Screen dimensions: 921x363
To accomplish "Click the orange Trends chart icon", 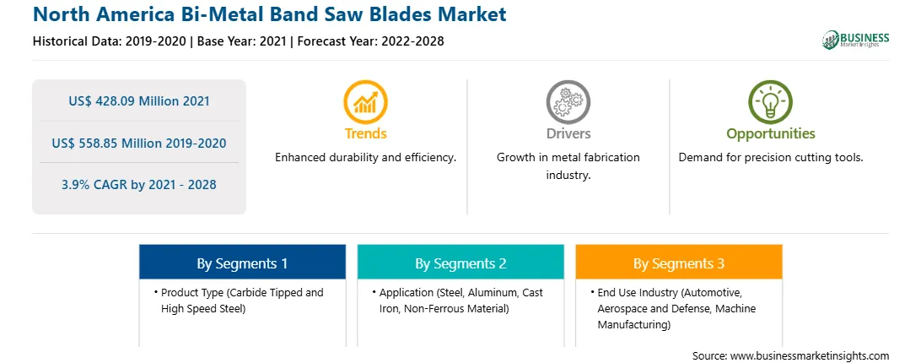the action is click(365, 102).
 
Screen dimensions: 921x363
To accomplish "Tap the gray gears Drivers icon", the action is click(568, 102).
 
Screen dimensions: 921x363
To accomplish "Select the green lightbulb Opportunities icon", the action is click(771, 102).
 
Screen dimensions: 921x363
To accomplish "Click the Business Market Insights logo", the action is click(856, 40).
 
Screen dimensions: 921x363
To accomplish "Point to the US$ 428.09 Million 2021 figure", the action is click(139, 101).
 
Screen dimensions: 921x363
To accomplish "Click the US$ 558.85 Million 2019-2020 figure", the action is click(139, 143).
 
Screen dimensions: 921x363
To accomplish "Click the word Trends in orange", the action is click(365, 133).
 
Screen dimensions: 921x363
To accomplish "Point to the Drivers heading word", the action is click(568, 133).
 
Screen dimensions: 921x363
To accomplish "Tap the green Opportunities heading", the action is click(771, 134).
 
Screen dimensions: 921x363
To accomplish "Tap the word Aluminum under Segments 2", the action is click(491, 293).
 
